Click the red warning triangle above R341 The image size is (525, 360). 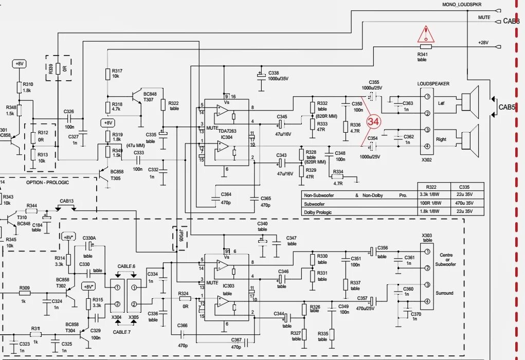point(426,34)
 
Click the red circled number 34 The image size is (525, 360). point(373,122)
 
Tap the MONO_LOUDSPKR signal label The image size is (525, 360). point(462,5)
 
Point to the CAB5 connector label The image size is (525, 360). point(507,107)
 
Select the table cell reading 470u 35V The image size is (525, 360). point(467,204)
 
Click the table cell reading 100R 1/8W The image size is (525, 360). point(431,204)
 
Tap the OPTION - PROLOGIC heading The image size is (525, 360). point(47,183)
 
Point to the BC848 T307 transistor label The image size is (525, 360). point(150,97)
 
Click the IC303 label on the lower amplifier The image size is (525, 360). point(226,287)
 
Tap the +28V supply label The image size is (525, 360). point(483,43)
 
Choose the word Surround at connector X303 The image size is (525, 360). point(445,293)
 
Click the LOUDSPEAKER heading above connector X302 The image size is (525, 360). point(433,83)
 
